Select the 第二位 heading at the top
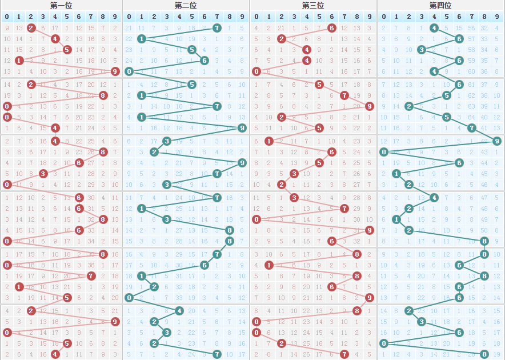coord(186,5)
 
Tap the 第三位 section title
coord(313,5)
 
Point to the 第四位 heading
coord(440,5)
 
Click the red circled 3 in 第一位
coord(43,173)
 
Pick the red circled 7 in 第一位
coord(91,276)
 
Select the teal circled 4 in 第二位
coord(179,311)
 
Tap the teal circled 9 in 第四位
coord(497,141)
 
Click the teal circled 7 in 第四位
coord(472,128)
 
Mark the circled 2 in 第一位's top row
coord(31,27)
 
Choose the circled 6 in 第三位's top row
coord(332,27)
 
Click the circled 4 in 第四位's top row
coord(434,27)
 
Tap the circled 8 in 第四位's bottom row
coord(484,354)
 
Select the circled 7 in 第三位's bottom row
coord(344,354)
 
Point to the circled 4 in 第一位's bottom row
coord(55,354)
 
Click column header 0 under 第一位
coord(7,17)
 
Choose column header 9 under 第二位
coord(242,17)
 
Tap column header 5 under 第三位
coord(319,17)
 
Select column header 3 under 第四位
coord(422,17)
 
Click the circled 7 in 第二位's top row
coord(217,27)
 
